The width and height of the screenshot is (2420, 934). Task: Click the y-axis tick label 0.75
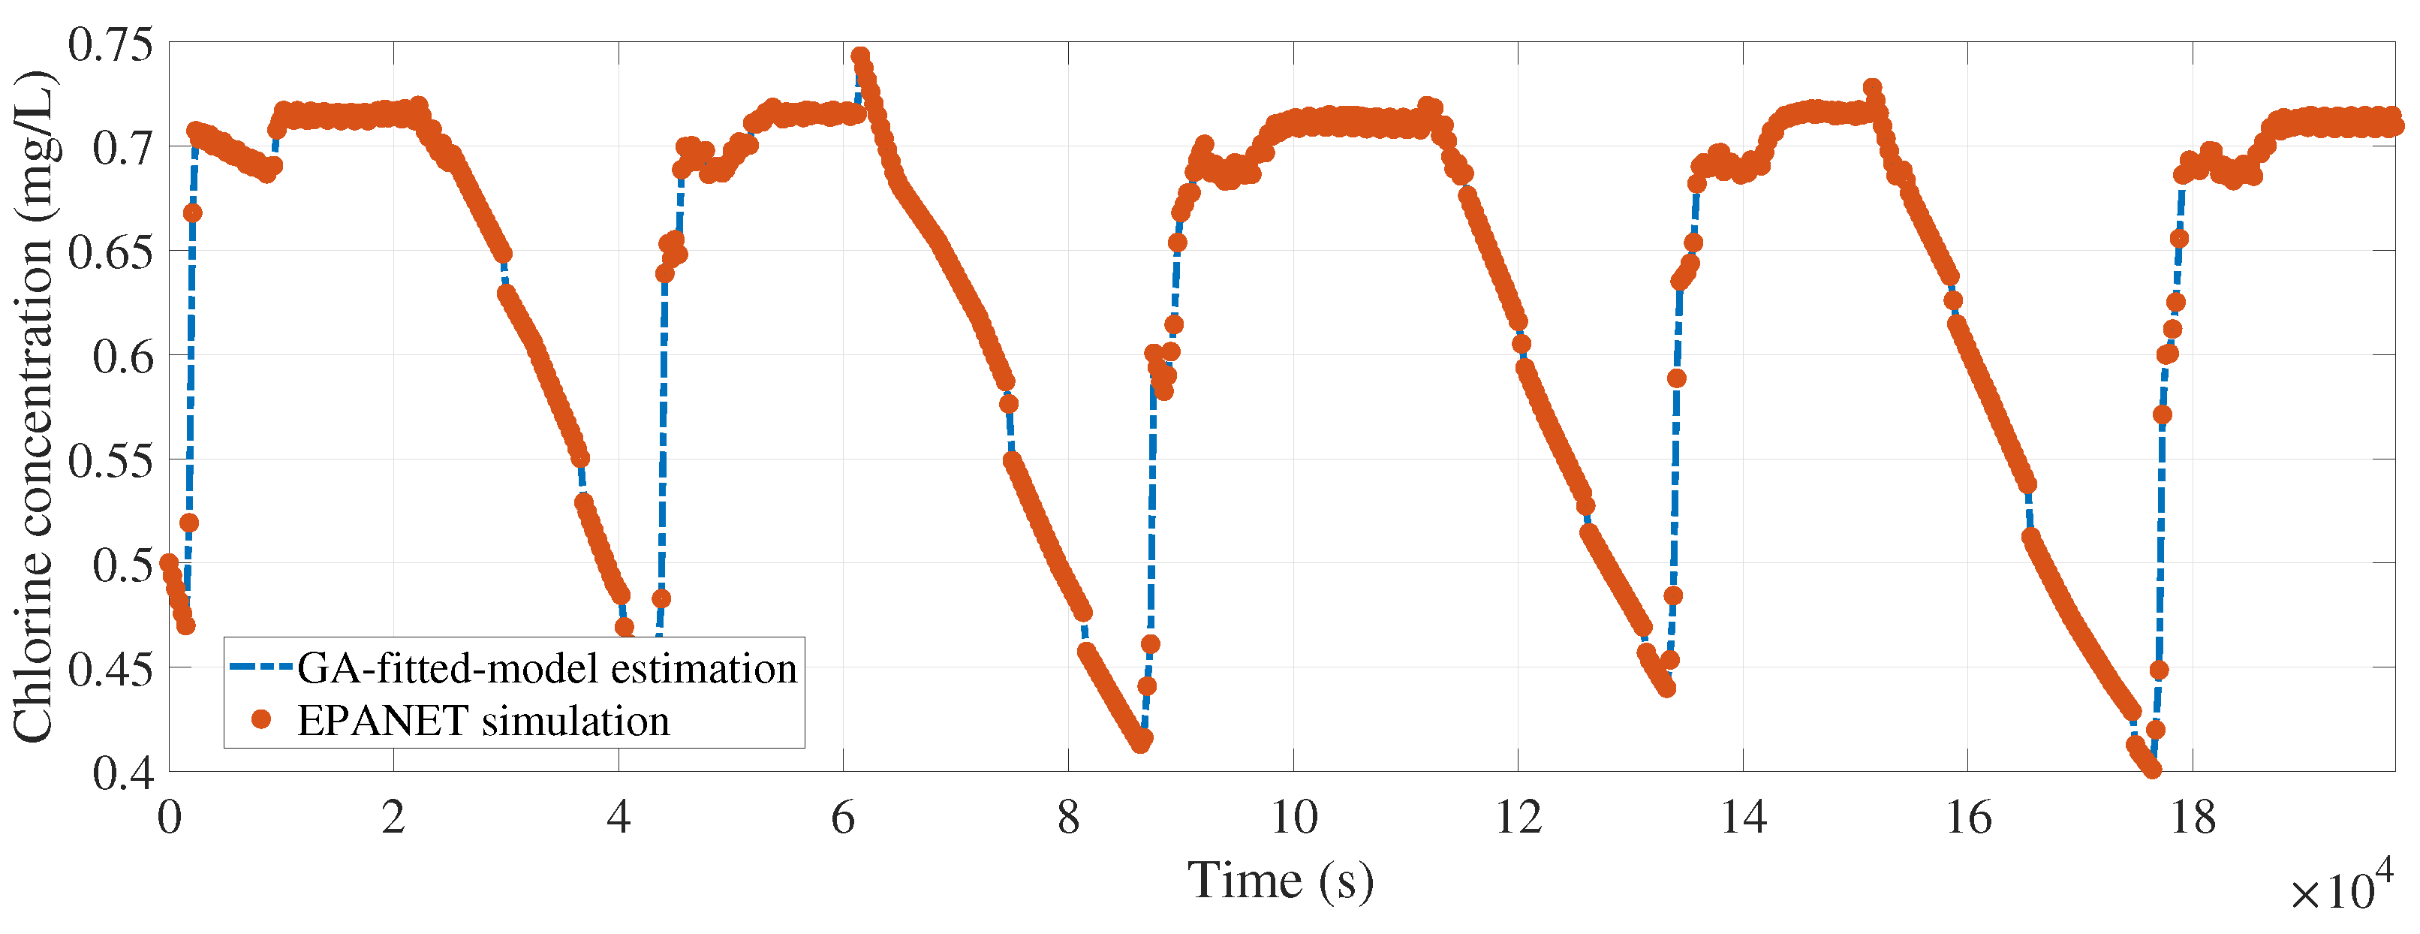[109, 44]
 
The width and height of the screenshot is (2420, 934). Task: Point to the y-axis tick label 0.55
[109, 461]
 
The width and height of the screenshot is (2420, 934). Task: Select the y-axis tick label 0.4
[122, 773]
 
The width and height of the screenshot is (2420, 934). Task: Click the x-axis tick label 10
[1293, 818]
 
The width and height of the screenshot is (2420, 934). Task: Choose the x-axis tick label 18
[2193, 818]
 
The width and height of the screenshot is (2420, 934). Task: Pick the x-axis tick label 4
[619, 818]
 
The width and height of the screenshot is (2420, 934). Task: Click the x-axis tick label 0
[169, 818]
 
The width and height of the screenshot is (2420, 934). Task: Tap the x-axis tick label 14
[1744, 818]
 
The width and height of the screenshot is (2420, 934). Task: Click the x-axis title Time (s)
[1281, 881]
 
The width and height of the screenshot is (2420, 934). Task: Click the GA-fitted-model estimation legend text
[546, 668]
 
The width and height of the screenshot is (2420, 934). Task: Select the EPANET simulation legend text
[483, 721]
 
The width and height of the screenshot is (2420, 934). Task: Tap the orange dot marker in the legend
[262, 720]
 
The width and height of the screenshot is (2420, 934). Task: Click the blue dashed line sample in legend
[262, 667]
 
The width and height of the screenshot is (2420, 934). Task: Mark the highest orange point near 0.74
[859, 56]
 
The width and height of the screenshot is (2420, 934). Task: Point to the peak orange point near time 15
[1872, 87]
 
